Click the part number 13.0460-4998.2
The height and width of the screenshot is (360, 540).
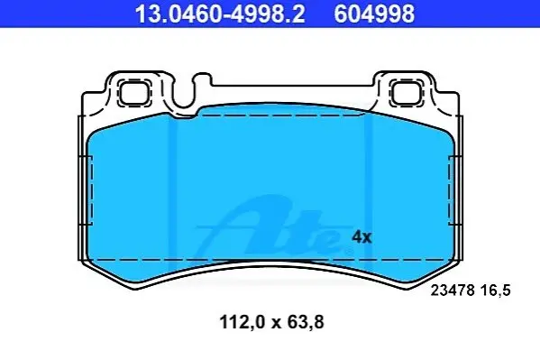(x=220, y=14)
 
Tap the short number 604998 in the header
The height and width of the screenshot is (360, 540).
(x=374, y=14)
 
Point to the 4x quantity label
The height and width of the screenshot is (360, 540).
(x=362, y=237)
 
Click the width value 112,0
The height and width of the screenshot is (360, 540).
(x=243, y=323)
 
